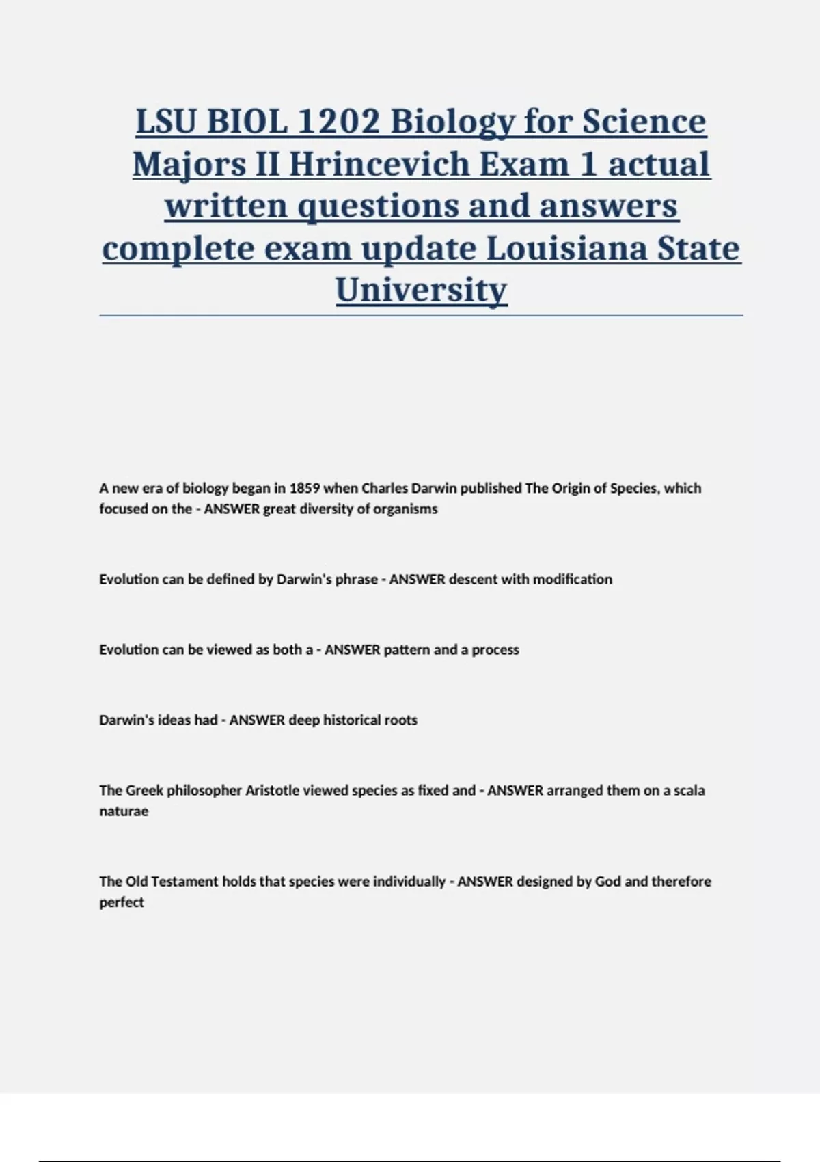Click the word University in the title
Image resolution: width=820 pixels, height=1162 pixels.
point(421,290)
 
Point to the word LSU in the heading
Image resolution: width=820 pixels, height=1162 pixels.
point(167,122)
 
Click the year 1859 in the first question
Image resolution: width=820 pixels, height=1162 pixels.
point(304,488)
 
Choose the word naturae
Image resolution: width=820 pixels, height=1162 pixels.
point(124,812)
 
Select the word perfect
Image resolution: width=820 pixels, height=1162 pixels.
point(122,903)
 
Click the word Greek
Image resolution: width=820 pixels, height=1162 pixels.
point(144,791)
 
